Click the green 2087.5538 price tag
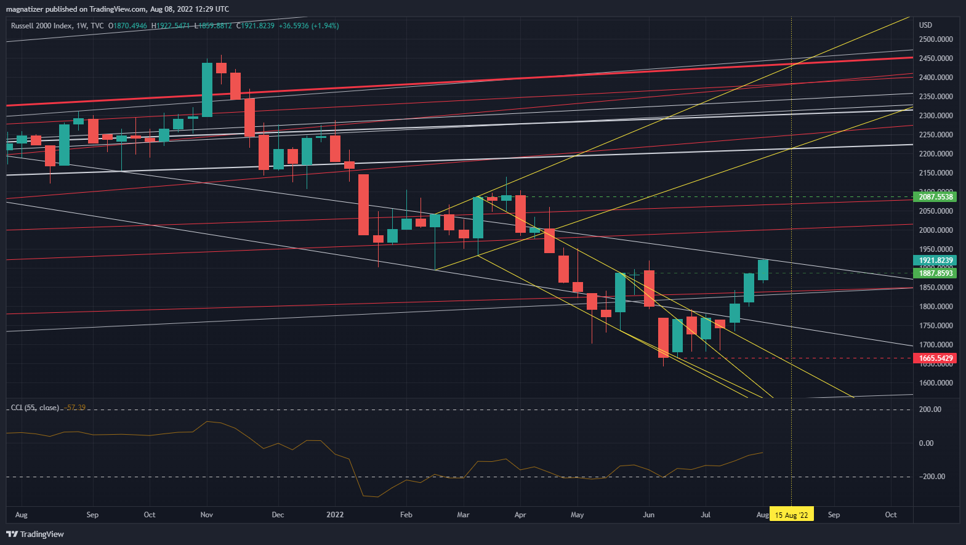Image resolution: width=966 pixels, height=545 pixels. click(935, 197)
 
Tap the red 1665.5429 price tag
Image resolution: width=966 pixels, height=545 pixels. click(935, 358)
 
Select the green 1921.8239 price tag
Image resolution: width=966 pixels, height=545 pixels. click(935, 260)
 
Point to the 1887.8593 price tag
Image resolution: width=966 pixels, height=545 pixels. click(935, 273)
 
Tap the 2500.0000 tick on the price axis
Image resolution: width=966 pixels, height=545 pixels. click(935, 39)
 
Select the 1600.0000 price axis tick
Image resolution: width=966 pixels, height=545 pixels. click(935, 383)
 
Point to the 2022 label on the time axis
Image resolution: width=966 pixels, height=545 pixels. click(335, 515)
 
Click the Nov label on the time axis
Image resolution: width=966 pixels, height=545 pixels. click(207, 515)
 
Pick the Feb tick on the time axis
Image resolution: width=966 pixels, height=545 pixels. click(406, 515)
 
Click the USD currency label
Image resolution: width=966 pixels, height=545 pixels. click(925, 25)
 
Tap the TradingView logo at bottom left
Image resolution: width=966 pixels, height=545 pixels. click(35, 534)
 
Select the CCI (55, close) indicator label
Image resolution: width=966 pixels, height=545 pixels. click(35, 408)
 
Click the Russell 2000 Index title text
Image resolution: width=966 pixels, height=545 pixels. click(41, 26)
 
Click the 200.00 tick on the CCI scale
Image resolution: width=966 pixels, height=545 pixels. click(930, 410)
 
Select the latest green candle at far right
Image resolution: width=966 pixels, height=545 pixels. click(763, 270)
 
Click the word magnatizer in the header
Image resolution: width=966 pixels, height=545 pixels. click(25, 9)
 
